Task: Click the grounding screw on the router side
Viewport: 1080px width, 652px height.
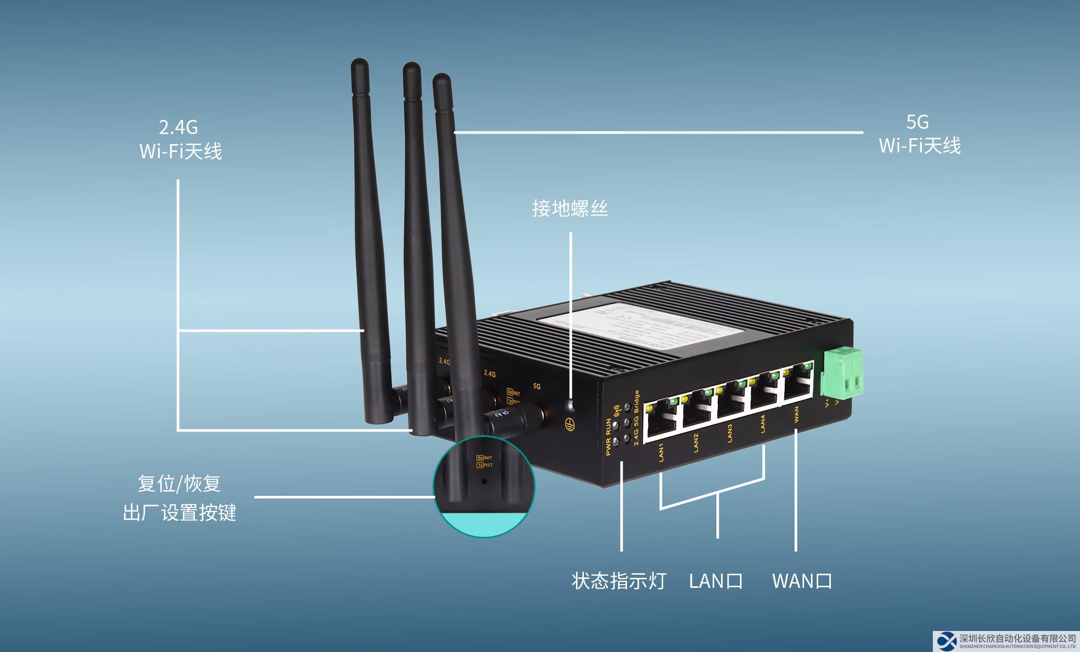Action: [570, 405]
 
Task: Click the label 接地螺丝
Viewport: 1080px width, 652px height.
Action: [570, 209]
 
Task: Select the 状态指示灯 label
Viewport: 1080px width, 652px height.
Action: [619, 581]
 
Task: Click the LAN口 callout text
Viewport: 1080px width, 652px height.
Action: [716, 581]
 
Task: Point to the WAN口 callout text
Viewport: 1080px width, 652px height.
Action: [802, 581]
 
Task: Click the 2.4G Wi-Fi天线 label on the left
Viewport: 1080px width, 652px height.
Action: [180, 139]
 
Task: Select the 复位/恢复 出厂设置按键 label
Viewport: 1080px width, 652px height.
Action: [179, 498]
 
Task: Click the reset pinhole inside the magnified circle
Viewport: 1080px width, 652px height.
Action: [483, 481]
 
